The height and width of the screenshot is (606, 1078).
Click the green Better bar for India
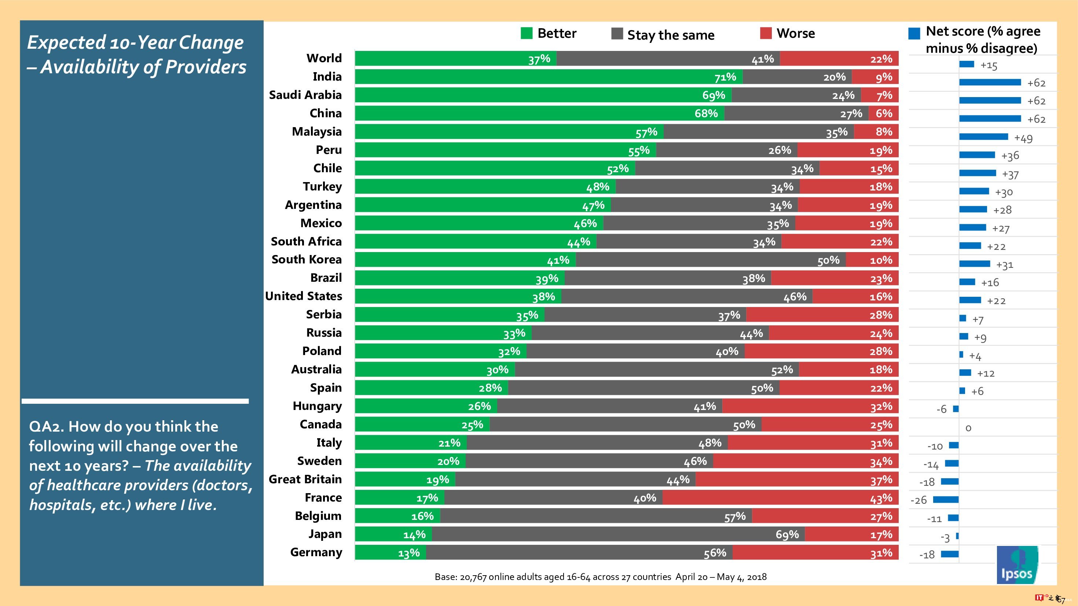[548, 77]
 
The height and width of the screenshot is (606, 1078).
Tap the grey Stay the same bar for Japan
[618, 535]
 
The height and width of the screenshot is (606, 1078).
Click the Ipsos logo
[1017, 565]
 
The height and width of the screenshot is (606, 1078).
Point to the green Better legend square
[527, 33]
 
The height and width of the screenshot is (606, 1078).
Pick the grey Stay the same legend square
[617, 33]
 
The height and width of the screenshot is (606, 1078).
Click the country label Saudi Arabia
[305, 95]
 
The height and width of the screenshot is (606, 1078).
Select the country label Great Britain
[305, 479]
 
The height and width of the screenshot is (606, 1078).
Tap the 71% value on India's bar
[725, 77]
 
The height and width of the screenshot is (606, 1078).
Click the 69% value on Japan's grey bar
[787, 535]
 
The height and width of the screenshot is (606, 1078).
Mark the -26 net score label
[918, 500]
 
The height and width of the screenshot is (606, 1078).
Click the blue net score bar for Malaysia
[983, 137]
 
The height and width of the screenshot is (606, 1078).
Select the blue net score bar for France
[946, 499]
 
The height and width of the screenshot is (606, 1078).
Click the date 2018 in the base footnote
[756, 577]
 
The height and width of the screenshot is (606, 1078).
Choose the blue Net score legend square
[914, 33]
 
